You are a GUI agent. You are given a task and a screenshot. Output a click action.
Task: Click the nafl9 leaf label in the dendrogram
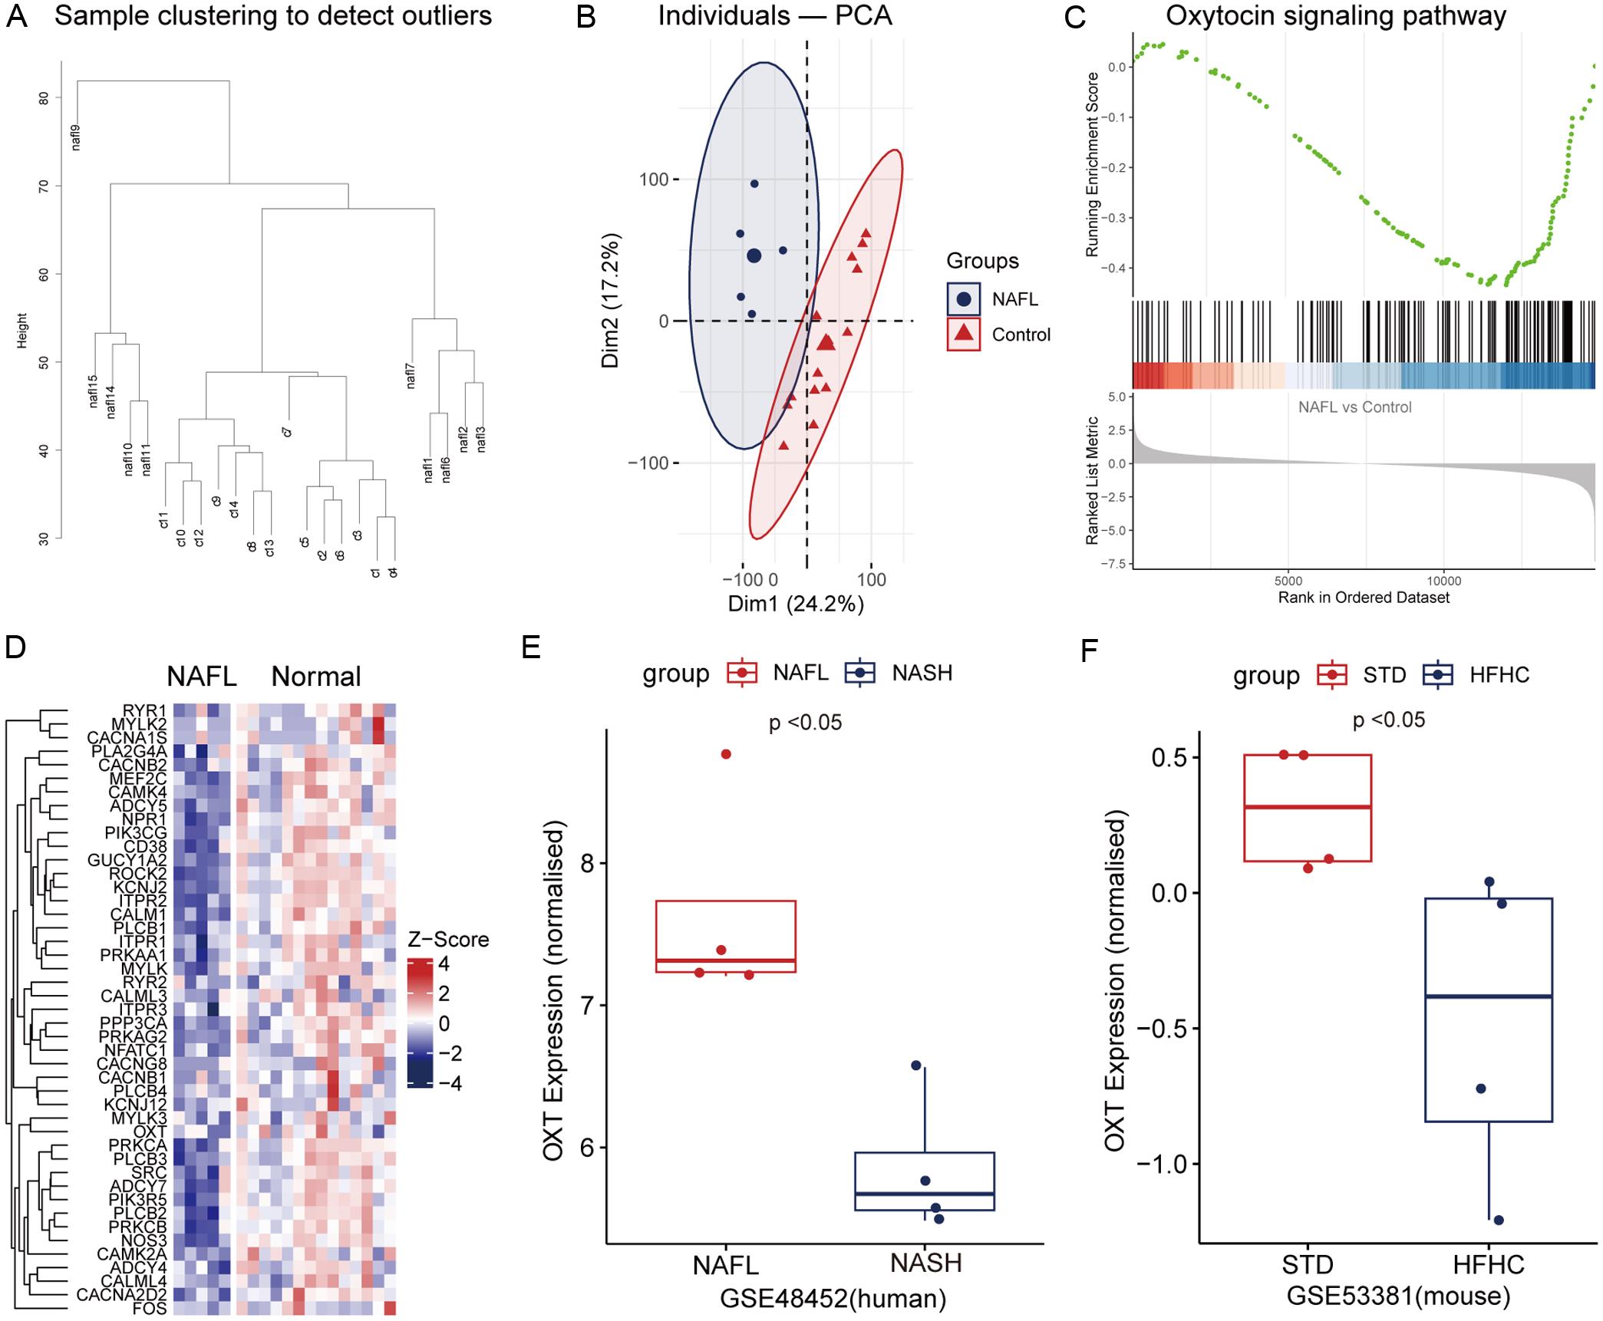[76, 137]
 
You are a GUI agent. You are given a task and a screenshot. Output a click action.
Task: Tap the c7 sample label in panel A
[287, 432]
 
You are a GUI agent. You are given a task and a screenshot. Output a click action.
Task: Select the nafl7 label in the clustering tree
[411, 376]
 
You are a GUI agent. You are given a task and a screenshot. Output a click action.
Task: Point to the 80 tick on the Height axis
[44, 98]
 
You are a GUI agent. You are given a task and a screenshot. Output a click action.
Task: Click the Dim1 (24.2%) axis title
[796, 604]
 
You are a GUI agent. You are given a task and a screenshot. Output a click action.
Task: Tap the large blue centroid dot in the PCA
[754, 255]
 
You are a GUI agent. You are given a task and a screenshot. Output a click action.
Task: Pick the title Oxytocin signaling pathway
[1336, 15]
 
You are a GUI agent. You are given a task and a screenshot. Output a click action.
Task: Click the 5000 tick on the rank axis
[1288, 581]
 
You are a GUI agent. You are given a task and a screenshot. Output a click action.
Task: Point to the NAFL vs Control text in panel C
[1354, 407]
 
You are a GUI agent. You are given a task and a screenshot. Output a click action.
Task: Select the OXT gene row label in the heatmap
[150, 1132]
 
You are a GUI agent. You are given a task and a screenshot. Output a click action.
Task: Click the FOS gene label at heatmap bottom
[150, 1309]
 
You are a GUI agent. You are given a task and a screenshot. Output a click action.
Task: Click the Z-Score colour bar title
[448, 940]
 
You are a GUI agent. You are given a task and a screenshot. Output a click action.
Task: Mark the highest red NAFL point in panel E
[726, 754]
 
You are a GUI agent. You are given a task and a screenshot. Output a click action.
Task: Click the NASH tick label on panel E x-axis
[926, 1263]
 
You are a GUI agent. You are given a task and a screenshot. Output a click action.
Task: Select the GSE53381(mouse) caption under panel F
[1398, 1296]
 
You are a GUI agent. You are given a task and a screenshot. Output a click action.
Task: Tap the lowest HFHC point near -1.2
[1499, 1220]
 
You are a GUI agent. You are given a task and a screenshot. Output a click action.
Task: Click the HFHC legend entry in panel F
[1499, 675]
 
